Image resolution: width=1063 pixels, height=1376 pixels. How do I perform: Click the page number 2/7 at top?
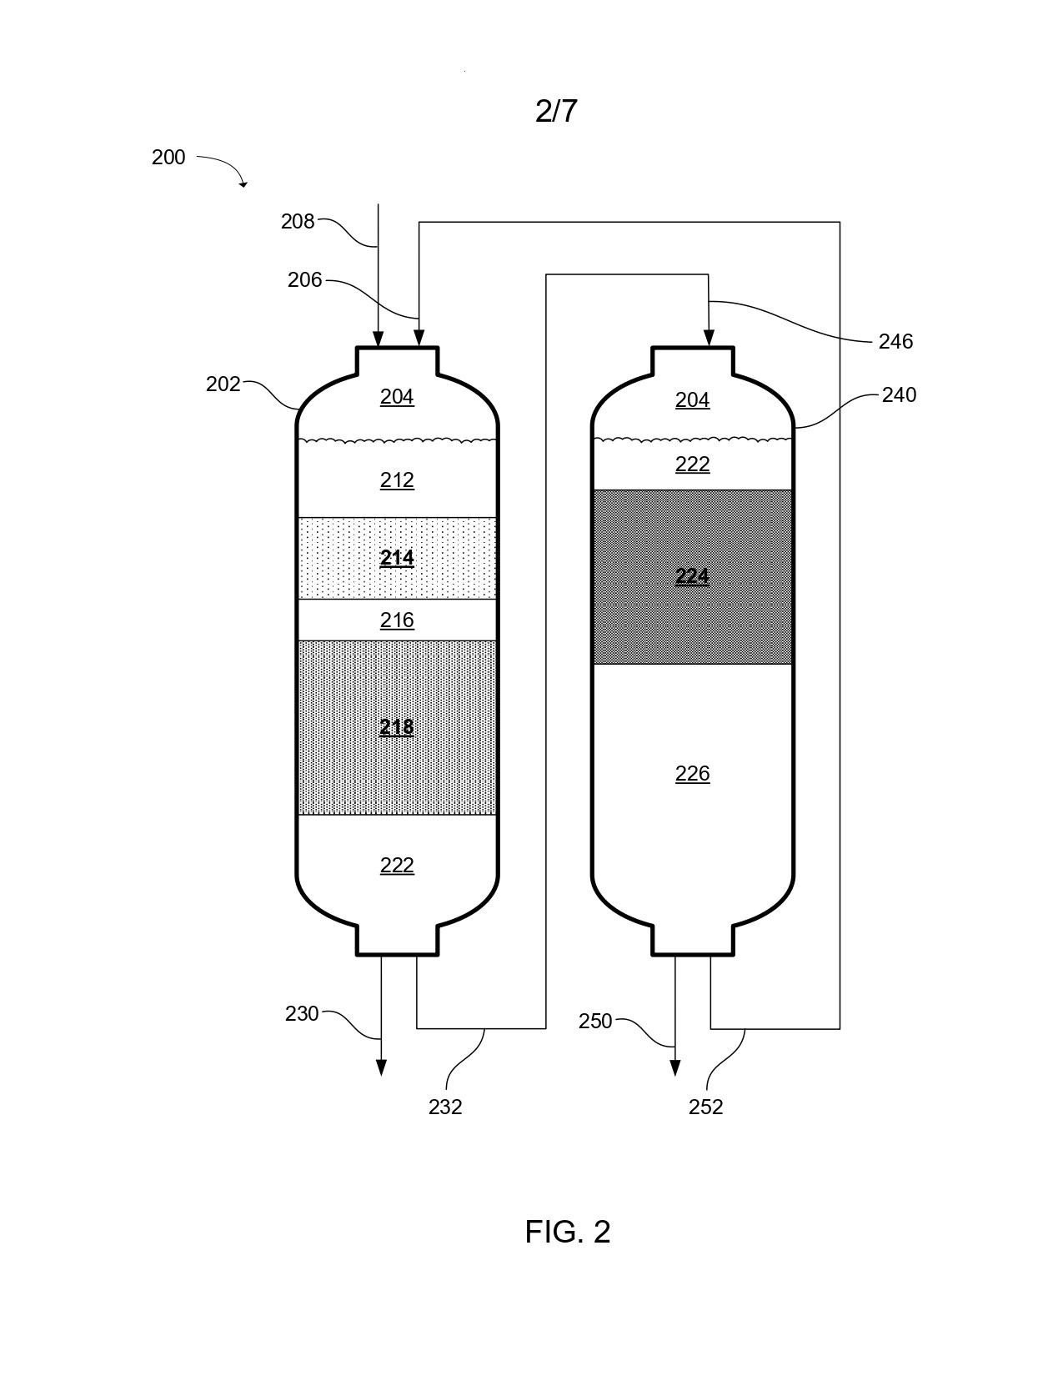556,112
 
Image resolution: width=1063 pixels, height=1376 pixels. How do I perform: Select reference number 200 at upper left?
168,157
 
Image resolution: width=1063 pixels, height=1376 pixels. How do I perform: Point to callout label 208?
298,221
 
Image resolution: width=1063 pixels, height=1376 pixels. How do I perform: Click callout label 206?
304,280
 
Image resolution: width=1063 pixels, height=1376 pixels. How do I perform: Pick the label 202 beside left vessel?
223,384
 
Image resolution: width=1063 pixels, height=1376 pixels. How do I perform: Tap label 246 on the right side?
895,341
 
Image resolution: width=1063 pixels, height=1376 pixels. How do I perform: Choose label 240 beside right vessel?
899,394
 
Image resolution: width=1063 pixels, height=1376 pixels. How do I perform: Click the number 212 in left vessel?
397,480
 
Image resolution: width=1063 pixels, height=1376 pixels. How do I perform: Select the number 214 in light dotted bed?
397,558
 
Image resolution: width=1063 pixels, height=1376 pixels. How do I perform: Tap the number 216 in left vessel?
397,620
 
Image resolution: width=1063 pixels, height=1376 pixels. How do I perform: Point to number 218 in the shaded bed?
397,727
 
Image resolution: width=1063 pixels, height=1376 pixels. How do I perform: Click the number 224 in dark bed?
692,576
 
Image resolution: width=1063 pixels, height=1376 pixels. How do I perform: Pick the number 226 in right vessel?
692,773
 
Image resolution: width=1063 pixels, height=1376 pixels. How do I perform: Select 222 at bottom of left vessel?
397,865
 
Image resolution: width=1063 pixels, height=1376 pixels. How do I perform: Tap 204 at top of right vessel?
692,399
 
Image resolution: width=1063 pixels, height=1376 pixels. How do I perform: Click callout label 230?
301,1014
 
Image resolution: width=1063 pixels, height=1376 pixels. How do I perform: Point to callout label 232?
445,1107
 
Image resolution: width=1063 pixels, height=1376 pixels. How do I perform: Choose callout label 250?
595,1021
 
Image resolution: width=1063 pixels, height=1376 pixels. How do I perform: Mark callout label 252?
705,1107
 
